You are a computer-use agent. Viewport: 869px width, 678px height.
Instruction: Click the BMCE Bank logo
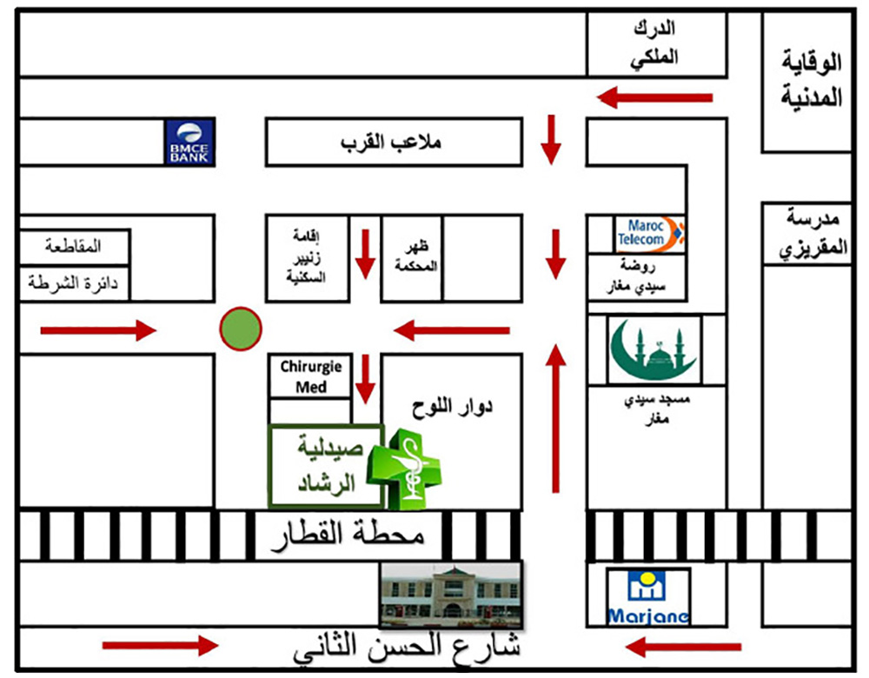(190, 143)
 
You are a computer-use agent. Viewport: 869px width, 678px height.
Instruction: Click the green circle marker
(241, 329)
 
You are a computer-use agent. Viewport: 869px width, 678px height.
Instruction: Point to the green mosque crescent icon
(653, 350)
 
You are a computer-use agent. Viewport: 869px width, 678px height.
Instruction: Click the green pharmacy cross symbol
(405, 470)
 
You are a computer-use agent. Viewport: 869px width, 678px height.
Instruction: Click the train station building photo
(451, 594)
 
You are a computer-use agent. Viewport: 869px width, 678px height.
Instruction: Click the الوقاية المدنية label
(812, 78)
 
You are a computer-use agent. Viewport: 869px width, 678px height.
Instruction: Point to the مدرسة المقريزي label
(812, 233)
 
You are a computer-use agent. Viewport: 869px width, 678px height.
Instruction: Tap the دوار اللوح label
(450, 407)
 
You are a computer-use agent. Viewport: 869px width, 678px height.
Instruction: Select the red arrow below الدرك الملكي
(654, 97)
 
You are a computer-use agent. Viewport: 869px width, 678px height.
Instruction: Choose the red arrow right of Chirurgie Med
(366, 379)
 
